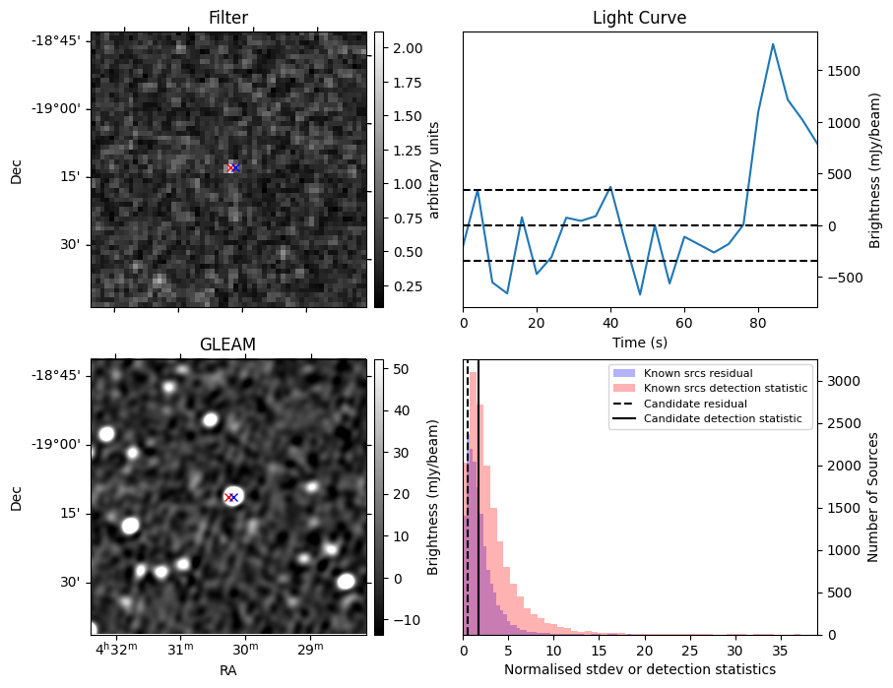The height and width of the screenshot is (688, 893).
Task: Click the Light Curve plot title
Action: click(639, 18)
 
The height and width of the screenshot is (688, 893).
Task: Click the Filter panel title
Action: click(228, 18)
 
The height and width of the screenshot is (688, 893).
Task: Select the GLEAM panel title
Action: click(228, 344)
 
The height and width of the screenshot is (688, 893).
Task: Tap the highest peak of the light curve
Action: click(773, 44)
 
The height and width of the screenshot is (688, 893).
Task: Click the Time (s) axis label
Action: click(639, 341)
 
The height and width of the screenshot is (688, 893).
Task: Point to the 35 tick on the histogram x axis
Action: click(780, 651)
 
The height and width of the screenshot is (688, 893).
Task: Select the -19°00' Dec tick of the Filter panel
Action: click(62, 108)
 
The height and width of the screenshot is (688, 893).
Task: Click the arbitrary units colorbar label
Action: click(433, 169)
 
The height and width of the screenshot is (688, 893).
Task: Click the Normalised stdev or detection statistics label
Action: click(639, 669)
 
